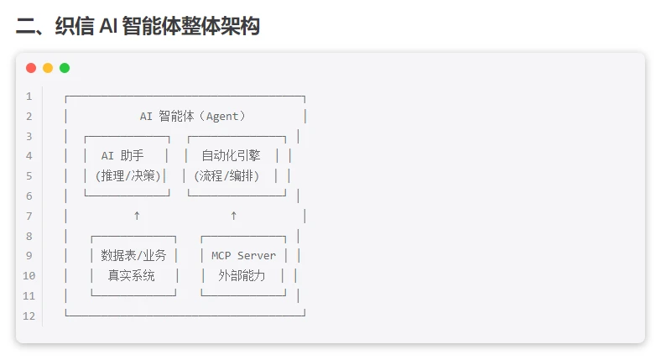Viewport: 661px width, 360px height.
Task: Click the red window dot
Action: click(31, 68)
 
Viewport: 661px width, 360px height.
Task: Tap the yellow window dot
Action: click(48, 68)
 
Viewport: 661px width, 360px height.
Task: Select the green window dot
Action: click(65, 68)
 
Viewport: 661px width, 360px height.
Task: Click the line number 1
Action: click(29, 97)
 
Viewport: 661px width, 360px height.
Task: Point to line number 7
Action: click(29, 216)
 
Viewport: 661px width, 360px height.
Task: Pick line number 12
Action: click(29, 316)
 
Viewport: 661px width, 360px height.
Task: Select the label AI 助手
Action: click(122, 155)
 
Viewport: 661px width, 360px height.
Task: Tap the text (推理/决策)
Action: click(128, 175)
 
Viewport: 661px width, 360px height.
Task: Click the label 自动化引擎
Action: click(231, 155)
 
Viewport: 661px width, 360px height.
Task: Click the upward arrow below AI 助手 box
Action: click(137, 216)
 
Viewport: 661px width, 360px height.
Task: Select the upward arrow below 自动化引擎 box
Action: click(233, 216)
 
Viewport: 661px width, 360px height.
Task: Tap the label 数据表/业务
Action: click(133, 255)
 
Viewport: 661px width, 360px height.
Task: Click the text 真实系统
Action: click(131, 275)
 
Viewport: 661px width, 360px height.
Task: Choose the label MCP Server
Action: click(243, 255)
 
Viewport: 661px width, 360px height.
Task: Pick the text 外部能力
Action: click(242, 275)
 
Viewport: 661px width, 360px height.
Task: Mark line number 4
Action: click(29, 156)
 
